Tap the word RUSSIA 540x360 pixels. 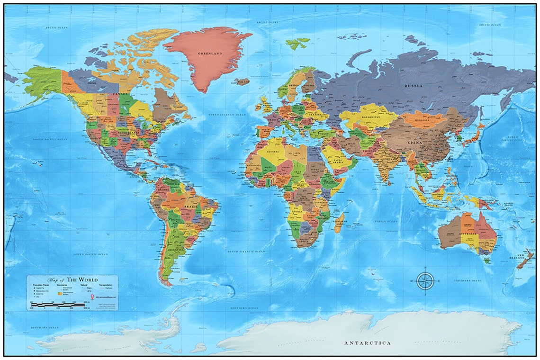413,86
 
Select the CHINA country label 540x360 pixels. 414,142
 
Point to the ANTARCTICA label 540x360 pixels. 368,342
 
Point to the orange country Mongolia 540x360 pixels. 424,119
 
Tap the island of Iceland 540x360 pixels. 242,81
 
